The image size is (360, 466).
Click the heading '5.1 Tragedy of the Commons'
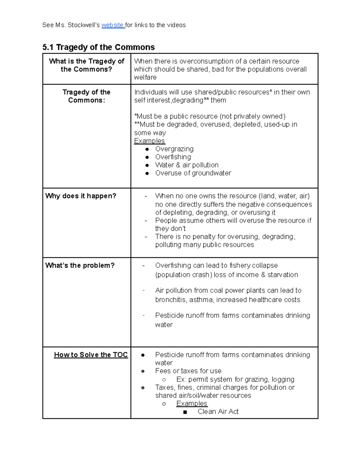point(98,47)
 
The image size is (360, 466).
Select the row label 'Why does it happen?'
point(80,196)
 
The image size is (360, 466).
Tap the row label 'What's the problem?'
point(80,266)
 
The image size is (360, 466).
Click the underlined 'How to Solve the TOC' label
point(91,355)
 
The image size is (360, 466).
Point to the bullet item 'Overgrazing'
point(174,149)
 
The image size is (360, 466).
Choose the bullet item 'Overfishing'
point(173,157)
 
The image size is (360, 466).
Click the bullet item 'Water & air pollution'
point(187,165)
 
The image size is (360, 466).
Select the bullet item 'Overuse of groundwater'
point(193,173)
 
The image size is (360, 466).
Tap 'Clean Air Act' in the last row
point(218,412)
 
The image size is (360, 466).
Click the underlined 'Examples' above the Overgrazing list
point(149,141)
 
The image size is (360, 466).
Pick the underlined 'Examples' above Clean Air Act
point(192,404)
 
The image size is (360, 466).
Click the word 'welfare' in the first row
point(145,77)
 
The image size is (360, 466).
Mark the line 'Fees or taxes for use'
point(188,371)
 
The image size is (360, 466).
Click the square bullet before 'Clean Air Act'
point(185,412)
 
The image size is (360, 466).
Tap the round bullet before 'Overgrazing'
point(147,149)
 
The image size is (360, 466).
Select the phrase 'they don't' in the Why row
point(170,229)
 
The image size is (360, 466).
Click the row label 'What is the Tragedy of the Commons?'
point(86,65)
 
